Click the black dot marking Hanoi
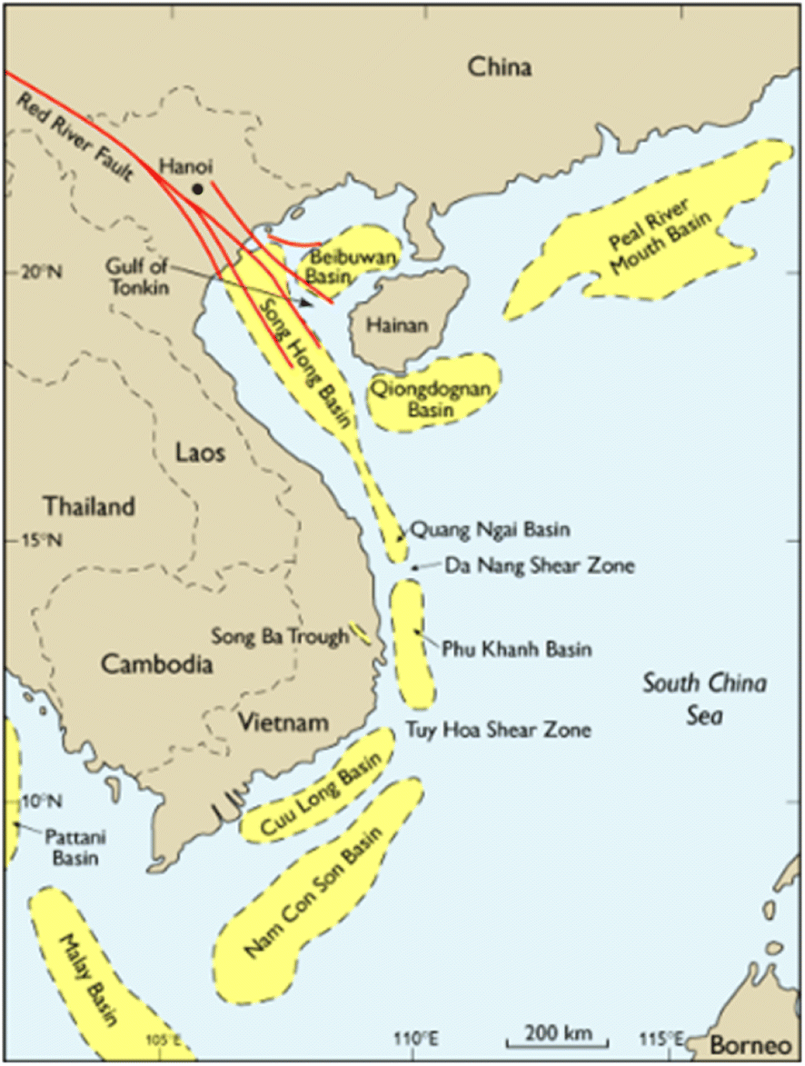coord(197,188)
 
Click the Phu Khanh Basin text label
coord(516,650)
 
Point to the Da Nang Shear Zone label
coord(539,566)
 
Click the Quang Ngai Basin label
coord(491,528)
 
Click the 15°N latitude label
coord(34,541)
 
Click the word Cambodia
coord(156,664)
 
